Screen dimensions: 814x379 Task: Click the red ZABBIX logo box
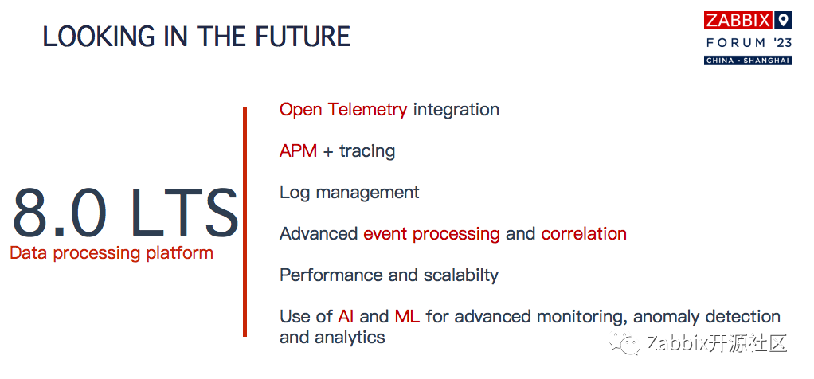pos(738,20)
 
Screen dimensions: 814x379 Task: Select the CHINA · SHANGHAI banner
pos(748,61)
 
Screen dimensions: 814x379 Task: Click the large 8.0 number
pos(61,213)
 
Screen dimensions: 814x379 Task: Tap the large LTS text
pos(184,213)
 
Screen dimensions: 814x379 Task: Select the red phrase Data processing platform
pos(112,253)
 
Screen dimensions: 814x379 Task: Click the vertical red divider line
pos(245,222)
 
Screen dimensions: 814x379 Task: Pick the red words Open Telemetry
pos(343,110)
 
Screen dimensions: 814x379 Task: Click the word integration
pos(456,110)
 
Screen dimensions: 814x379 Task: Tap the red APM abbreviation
pos(298,151)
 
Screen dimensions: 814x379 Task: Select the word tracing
pos(367,151)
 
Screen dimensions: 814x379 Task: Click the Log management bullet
pos(350,193)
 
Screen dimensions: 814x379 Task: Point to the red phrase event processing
pos(432,234)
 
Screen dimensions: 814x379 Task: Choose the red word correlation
pos(584,233)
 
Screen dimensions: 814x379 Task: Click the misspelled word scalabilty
pos(461,275)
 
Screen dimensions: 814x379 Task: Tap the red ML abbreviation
pos(407,317)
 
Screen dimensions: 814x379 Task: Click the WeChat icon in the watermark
pos(626,342)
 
